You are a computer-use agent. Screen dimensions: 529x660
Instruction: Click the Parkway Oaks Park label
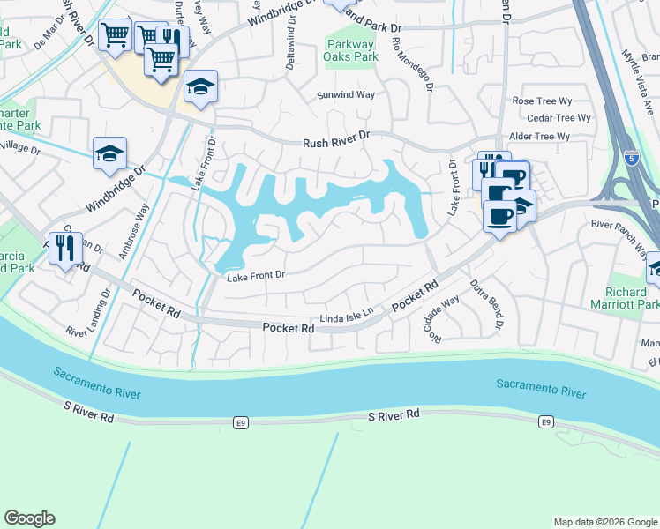[x=352, y=50]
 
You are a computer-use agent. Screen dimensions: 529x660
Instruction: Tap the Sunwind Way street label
[x=346, y=94]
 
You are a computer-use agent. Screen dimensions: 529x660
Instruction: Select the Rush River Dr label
[x=335, y=142]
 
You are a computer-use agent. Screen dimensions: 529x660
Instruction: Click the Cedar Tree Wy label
[x=558, y=118]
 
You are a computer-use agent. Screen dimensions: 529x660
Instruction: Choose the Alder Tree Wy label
[x=540, y=137]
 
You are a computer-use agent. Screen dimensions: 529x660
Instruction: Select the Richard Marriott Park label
[x=632, y=298]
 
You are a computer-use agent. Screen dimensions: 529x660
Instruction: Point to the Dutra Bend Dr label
[x=485, y=305]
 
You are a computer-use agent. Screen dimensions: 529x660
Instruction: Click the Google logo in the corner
[x=29, y=518]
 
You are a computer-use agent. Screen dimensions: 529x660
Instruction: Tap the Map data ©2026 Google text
[x=604, y=522]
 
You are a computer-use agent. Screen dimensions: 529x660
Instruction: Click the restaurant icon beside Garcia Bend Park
[x=64, y=248]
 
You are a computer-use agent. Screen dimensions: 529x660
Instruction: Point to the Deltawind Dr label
[x=291, y=31]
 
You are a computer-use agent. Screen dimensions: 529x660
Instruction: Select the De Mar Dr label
[x=49, y=36]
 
